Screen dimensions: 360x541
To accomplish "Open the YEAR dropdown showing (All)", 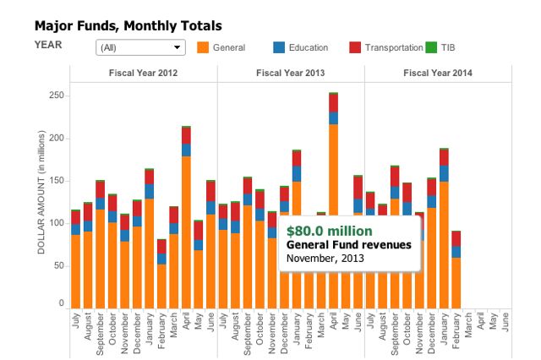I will (141, 47).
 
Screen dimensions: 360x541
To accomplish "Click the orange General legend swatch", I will (202, 47).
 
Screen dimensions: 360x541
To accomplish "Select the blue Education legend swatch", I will (279, 47).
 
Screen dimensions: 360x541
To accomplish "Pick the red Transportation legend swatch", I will (355, 47).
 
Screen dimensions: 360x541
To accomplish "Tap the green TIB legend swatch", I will (431, 47).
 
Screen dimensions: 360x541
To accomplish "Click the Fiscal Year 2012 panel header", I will (143, 74).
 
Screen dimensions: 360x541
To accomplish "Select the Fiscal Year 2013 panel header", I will (291, 74).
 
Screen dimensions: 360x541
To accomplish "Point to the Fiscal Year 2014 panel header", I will (438, 74).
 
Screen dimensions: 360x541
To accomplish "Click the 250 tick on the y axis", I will (56, 95).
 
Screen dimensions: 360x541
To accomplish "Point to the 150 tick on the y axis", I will (56, 181).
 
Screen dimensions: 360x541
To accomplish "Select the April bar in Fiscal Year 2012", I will (186, 220).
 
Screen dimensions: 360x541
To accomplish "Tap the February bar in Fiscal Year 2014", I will (456, 270).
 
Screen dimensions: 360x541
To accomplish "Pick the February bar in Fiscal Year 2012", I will (161, 275).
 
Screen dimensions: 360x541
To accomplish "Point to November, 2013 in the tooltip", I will (325, 258).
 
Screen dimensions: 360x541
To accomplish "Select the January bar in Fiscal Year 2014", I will (444, 228).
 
